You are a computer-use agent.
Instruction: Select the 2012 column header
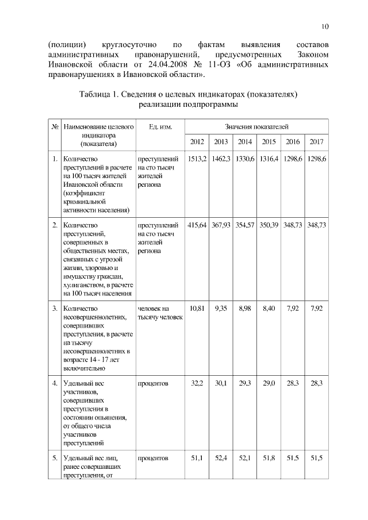(x=197, y=141)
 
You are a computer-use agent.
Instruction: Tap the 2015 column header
(x=269, y=141)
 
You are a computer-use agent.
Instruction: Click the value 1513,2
(x=197, y=159)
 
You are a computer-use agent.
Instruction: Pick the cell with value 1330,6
(x=244, y=159)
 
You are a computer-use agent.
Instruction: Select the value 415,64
(x=197, y=225)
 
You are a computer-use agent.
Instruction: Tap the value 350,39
(x=269, y=225)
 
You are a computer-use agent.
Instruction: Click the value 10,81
(x=197, y=309)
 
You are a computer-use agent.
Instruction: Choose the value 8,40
(x=269, y=309)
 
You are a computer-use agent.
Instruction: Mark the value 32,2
(x=197, y=383)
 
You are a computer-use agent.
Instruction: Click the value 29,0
(x=269, y=383)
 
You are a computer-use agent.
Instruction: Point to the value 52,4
(x=221, y=458)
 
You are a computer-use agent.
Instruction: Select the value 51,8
(x=269, y=458)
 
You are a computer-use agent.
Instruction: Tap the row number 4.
(x=54, y=383)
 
